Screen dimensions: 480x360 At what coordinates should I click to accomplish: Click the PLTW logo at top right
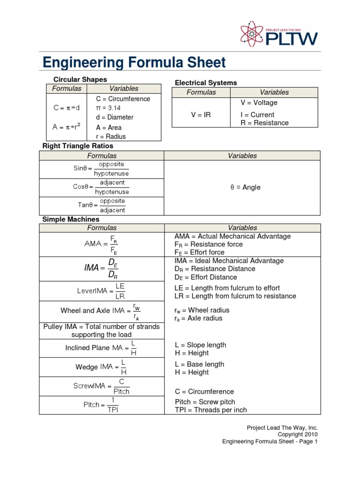278,34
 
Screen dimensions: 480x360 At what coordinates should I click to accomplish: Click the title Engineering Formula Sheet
134,62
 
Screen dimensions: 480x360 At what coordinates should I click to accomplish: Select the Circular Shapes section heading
80,80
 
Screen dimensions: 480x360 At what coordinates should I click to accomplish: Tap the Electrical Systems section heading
206,82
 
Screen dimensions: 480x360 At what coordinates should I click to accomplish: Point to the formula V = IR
201,115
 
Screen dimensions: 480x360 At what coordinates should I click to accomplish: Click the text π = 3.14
108,108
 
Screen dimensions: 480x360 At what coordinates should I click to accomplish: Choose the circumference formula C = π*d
67,108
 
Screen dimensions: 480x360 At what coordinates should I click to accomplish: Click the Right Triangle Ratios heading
78,146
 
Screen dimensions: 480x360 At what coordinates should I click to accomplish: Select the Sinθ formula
101,169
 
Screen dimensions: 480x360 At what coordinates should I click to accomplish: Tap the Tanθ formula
101,205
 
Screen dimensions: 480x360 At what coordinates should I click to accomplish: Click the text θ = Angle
245,187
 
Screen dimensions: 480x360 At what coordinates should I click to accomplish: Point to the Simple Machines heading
71,219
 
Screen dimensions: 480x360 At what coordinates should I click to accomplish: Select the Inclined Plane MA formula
101,348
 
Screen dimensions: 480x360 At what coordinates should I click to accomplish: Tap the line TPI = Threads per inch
210,410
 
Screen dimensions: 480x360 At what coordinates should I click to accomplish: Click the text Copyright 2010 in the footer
298,435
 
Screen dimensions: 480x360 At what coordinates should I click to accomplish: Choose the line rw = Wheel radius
202,310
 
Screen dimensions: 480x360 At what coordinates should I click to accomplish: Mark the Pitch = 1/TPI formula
101,405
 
